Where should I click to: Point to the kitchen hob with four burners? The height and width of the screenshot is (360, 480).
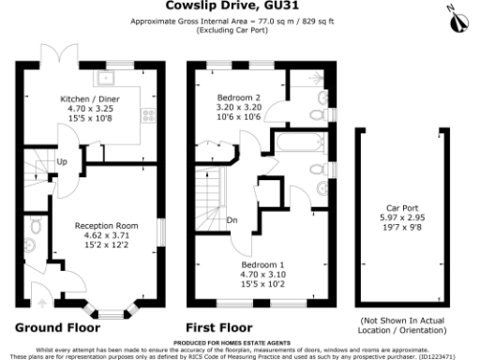coord(146,117)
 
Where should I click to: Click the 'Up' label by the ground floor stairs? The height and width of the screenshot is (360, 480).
coord(62,161)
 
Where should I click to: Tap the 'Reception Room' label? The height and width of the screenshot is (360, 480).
coord(106,225)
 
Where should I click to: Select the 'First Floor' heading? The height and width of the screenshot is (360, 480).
coord(218,328)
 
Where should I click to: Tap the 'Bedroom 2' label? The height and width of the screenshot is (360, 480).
coord(239,97)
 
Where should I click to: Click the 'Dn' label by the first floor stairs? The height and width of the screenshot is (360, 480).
coord(232,222)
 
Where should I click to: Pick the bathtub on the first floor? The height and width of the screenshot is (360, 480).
coord(293,143)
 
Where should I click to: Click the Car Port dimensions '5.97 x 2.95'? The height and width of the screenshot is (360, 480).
coord(401,217)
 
